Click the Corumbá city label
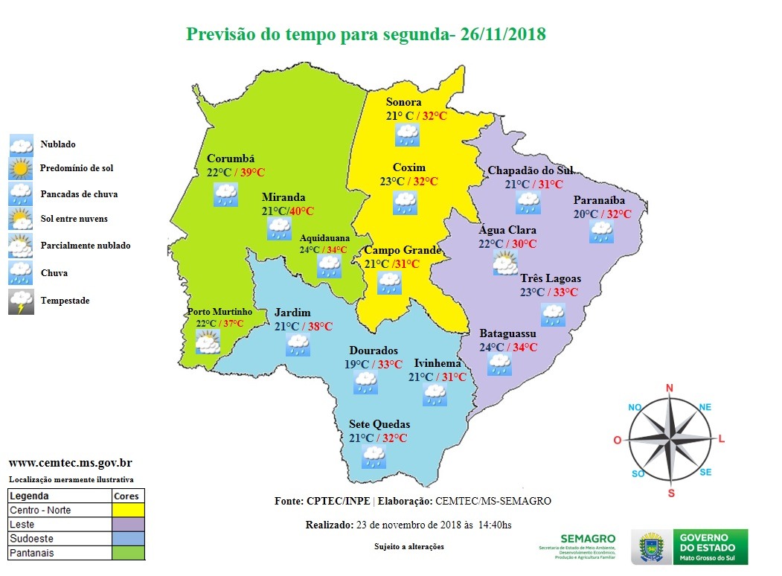[231, 159]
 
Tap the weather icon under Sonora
[407, 135]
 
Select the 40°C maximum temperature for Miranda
[301, 211]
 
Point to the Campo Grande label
[402, 251]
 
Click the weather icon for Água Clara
[505, 263]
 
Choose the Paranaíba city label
[599, 200]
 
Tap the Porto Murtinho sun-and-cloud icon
[208, 342]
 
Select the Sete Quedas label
[379, 424]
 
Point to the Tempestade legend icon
[21, 301]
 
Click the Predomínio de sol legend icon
[21, 169]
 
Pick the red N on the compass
[669, 388]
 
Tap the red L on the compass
[721, 440]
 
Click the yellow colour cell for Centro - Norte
[128, 511]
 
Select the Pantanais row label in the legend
[32, 553]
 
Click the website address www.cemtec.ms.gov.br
[70, 462]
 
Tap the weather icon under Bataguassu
[499, 364]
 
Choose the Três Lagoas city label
[551, 278]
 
